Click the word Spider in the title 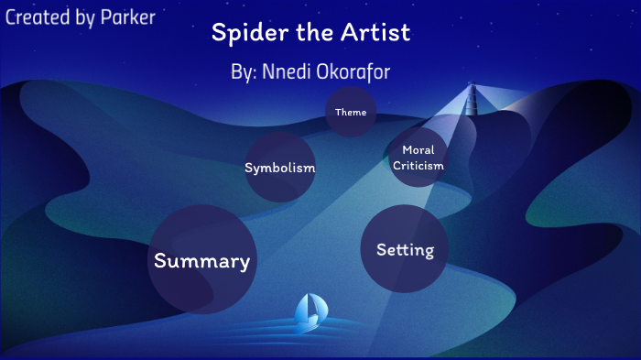click(x=240, y=34)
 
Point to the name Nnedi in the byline click(x=287, y=72)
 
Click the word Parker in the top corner click(x=125, y=16)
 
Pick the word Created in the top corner click(x=38, y=16)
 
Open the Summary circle click(x=201, y=260)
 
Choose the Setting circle click(x=404, y=248)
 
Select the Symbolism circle click(x=279, y=168)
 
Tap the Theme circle click(x=351, y=113)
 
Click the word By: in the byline click(x=245, y=72)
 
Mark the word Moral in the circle click(x=418, y=150)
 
